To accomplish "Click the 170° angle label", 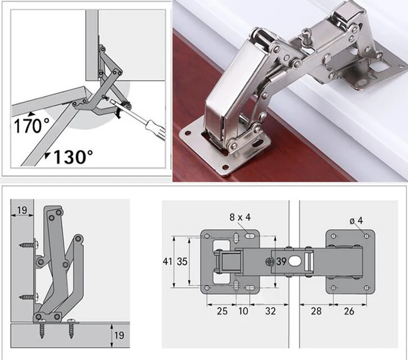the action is (32, 126).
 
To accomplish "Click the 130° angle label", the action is (73, 156).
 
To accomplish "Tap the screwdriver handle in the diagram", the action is (156, 130).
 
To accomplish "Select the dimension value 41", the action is (168, 262).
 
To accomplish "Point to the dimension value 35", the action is (182, 262).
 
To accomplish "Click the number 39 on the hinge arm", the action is (281, 262).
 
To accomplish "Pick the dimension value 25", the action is (222, 311).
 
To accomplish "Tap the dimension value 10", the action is (243, 311).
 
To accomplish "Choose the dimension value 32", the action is (270, 311).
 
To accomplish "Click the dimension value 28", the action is (316, 311).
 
